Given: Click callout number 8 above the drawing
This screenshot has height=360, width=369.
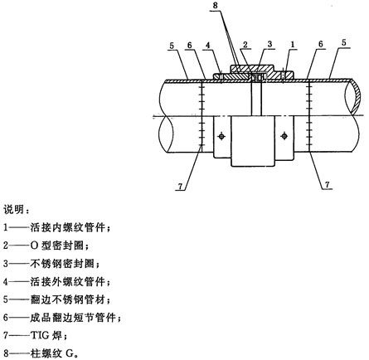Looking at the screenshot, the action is (x=216, y=5).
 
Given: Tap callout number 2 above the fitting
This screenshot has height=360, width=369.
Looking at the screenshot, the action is (x=245, y=45).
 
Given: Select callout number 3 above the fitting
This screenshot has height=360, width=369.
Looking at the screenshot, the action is (x=269, y=44).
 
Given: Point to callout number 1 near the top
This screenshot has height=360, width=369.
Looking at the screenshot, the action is (x=293, y=44).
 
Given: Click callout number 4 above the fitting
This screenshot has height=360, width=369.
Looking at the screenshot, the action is (x=208, y=46).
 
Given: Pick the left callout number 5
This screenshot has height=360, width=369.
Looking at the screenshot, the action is (x=172, y=46).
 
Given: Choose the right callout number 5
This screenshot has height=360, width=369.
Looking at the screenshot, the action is (x=343, y=43).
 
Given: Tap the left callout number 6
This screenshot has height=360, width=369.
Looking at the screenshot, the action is (x=189, y=46).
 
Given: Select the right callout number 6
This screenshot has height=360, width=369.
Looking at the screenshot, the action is (x=320, y=44).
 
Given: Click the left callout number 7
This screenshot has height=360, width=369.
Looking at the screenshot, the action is (x=180, y=187).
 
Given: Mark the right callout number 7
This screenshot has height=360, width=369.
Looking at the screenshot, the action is (x=328, y=184).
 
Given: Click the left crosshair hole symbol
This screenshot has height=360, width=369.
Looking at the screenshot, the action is (x=221, y=136).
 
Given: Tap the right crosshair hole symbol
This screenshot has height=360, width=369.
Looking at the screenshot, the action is (x=284, y=136).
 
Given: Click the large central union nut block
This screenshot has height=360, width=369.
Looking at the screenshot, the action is (x=253, y=141).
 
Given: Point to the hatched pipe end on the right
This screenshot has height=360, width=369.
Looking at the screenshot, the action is (x=355, y=96).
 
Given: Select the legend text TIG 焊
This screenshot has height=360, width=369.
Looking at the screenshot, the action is (x=46, y=336).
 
